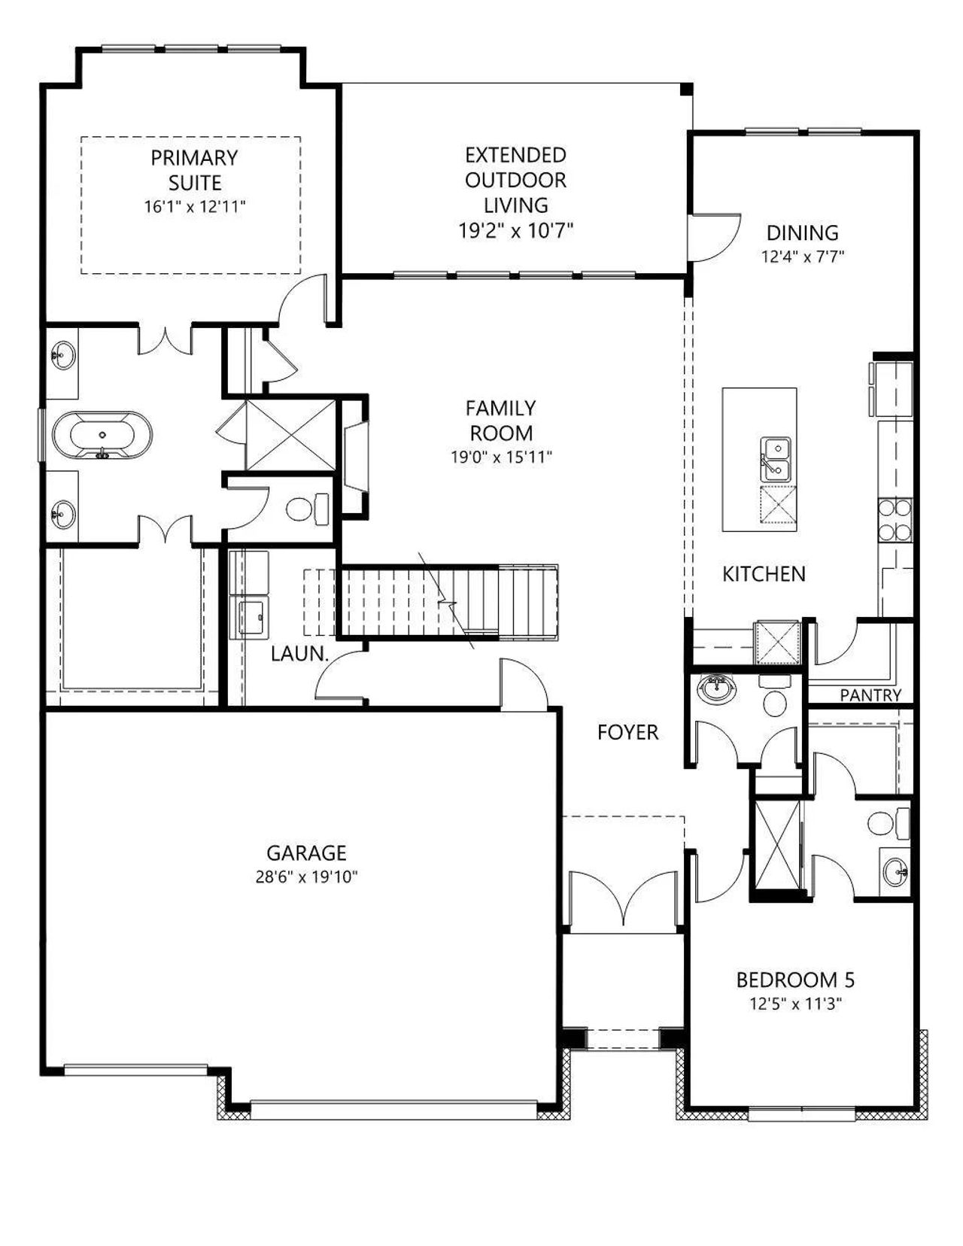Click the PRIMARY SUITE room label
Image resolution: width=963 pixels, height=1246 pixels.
click(194, 170)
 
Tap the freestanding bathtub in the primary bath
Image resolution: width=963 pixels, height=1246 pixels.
click(102, 435)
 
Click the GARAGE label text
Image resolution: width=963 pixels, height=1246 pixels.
click(306, 852)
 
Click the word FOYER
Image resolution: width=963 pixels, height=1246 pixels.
click(627, 732)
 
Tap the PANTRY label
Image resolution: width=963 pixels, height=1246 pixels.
click(870, 695)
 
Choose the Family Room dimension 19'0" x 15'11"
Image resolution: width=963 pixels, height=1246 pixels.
click(502, 457)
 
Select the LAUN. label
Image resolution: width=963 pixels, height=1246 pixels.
click(299, 654)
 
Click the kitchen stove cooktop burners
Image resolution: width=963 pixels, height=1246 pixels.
click(895, 521)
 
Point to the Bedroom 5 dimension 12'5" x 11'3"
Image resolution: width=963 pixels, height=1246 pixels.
click(795, 1004)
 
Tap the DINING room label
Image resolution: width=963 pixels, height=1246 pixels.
click(803, 232)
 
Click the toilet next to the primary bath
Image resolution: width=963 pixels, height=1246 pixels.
click(307, 508)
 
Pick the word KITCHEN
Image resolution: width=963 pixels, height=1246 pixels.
click(764, 574)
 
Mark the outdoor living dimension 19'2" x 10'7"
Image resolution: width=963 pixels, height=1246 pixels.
click(516, 230)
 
